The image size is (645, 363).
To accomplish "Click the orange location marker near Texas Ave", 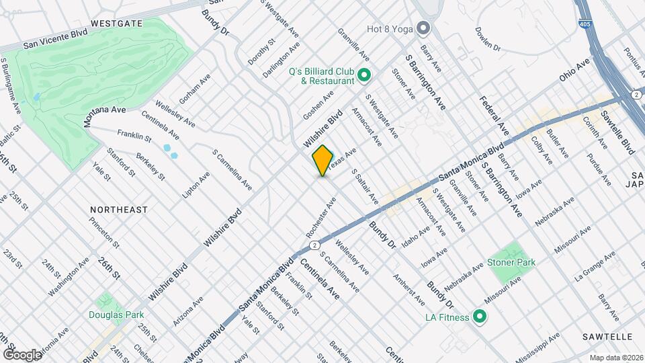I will [x=322, y=161].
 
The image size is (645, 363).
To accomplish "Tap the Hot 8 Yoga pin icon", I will [x=423, y=28].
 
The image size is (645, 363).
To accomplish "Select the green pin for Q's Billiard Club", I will [x=364, y=75].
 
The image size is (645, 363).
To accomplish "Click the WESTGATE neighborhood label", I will [x=117, y=23].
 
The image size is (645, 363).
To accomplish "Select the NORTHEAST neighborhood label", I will [x=119, y=210].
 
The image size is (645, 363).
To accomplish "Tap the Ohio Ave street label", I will [x=574, y=70].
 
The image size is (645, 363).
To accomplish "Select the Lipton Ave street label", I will [x=196, y=184].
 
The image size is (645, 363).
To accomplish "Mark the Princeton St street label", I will [x=107, y=233].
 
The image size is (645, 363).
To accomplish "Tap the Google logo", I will [x=22, y=354].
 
